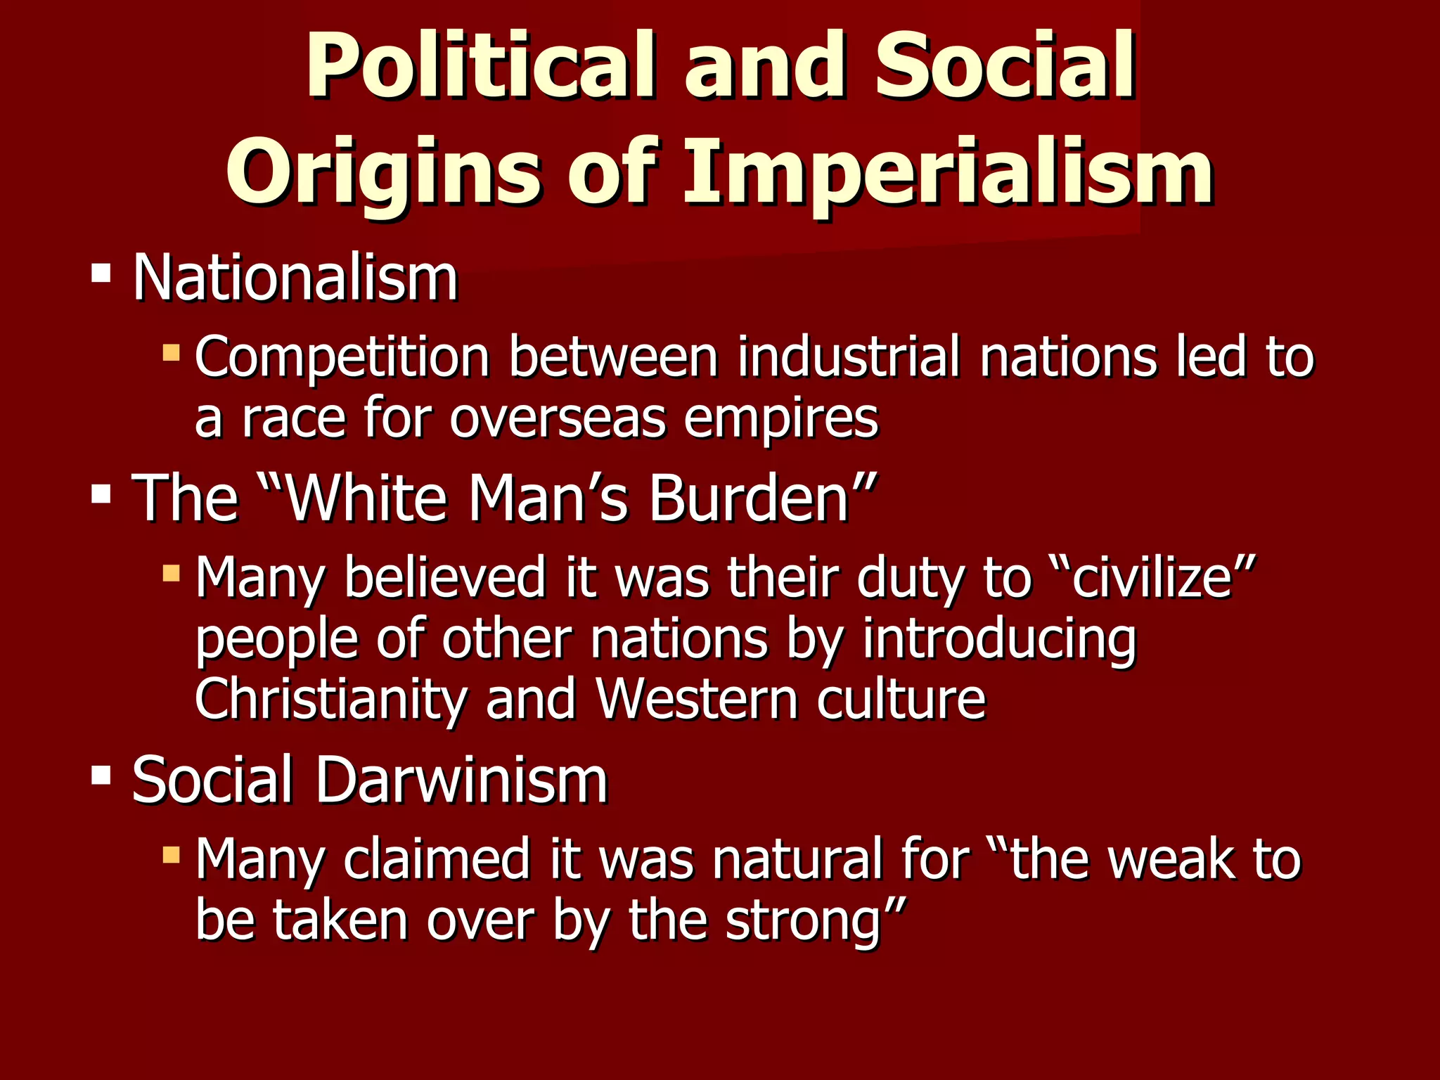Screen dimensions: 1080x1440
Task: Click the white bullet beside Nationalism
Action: (101, 273)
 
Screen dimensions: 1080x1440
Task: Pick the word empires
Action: (780, 420)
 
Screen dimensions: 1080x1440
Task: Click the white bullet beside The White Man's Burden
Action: (101, 494)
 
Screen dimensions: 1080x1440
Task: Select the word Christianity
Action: (330, 700)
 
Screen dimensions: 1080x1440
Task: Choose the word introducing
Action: (999, 640)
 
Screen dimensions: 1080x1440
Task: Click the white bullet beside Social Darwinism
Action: (101, 775)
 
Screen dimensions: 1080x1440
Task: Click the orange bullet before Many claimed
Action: (171, 854)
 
